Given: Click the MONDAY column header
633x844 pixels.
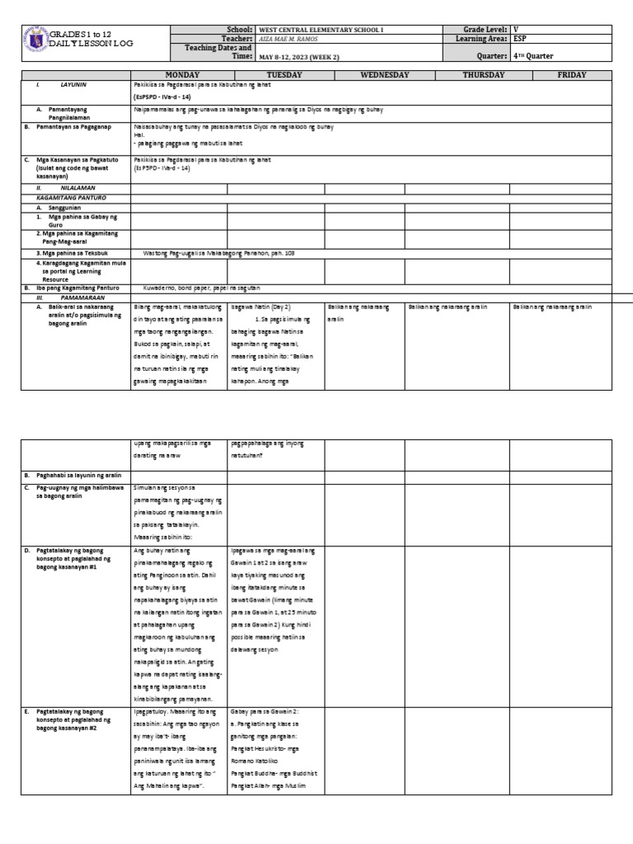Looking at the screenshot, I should (x=179, y=75).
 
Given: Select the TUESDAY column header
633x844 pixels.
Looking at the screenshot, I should (x=275, y=75).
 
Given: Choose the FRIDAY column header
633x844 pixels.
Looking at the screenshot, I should (x=572, y=75).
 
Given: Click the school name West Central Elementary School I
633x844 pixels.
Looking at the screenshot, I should (x=321, y=29).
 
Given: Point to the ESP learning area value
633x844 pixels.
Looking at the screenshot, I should (x=522, y=38).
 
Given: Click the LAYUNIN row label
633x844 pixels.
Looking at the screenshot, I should (x=73, y=85).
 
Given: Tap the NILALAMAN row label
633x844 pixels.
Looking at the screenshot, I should (x=78, y=188).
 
